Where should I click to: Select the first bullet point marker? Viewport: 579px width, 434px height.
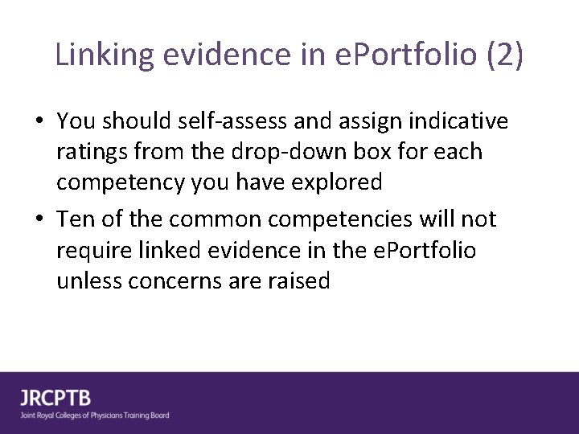tap(39, 122)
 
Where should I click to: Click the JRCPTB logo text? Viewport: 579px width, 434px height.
tap(55, 398)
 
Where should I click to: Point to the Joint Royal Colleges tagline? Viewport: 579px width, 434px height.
tap(95, 416)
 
